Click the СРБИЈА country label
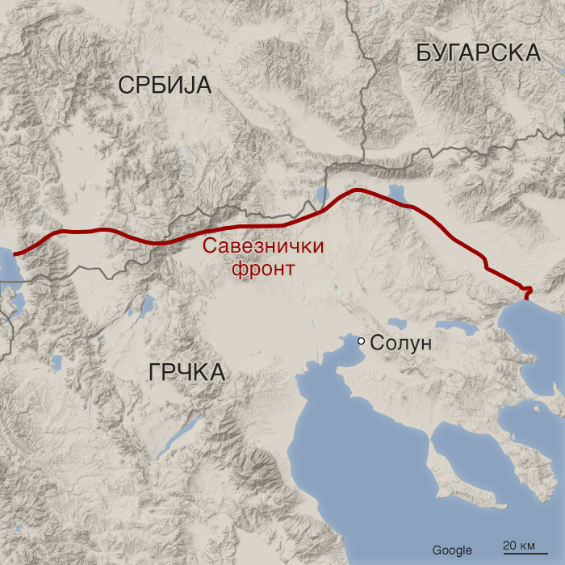(x=164, y=85)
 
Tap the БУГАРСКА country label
(x=478, y=53)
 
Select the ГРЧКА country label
(x=186, y=372)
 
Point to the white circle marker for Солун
(x=362, y=342)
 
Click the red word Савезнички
(x=263, y=247)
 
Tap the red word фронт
(x=263, y=268)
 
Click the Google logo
(x=452, y=550)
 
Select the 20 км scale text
(x=519, y=544)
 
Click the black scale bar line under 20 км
(x=519, y=555)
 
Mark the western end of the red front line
(x=15, y=253)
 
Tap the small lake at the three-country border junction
(x=321, y=195)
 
